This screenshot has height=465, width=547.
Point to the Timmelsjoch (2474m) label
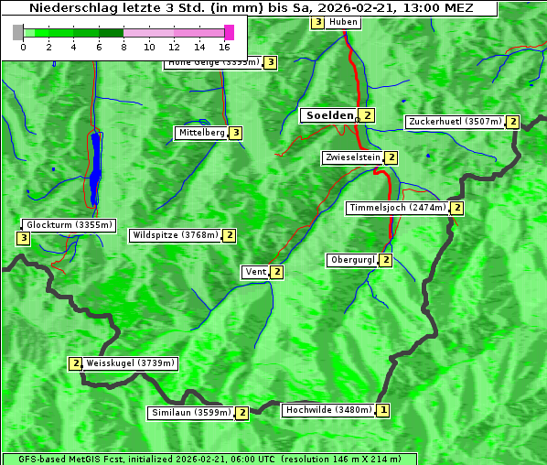[398, 208]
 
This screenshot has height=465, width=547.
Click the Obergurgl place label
[352, 260]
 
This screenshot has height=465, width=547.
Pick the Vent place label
[254, 272]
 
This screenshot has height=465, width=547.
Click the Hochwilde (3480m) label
[327, 410]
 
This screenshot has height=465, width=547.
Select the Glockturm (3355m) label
[69, 224]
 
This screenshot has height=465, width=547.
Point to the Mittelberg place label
[201, 133]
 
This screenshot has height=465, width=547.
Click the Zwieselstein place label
[352, 157]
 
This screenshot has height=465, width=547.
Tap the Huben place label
[343, 22]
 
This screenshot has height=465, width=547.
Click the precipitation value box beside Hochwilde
[382, 410]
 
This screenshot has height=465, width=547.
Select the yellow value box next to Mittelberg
[236, 133]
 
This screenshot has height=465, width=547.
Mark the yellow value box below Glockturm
[23, 239]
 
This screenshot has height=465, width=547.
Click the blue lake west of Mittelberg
[95, 169]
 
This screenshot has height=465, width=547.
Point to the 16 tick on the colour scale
[224, 46]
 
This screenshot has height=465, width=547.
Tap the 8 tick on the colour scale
[123, 46]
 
